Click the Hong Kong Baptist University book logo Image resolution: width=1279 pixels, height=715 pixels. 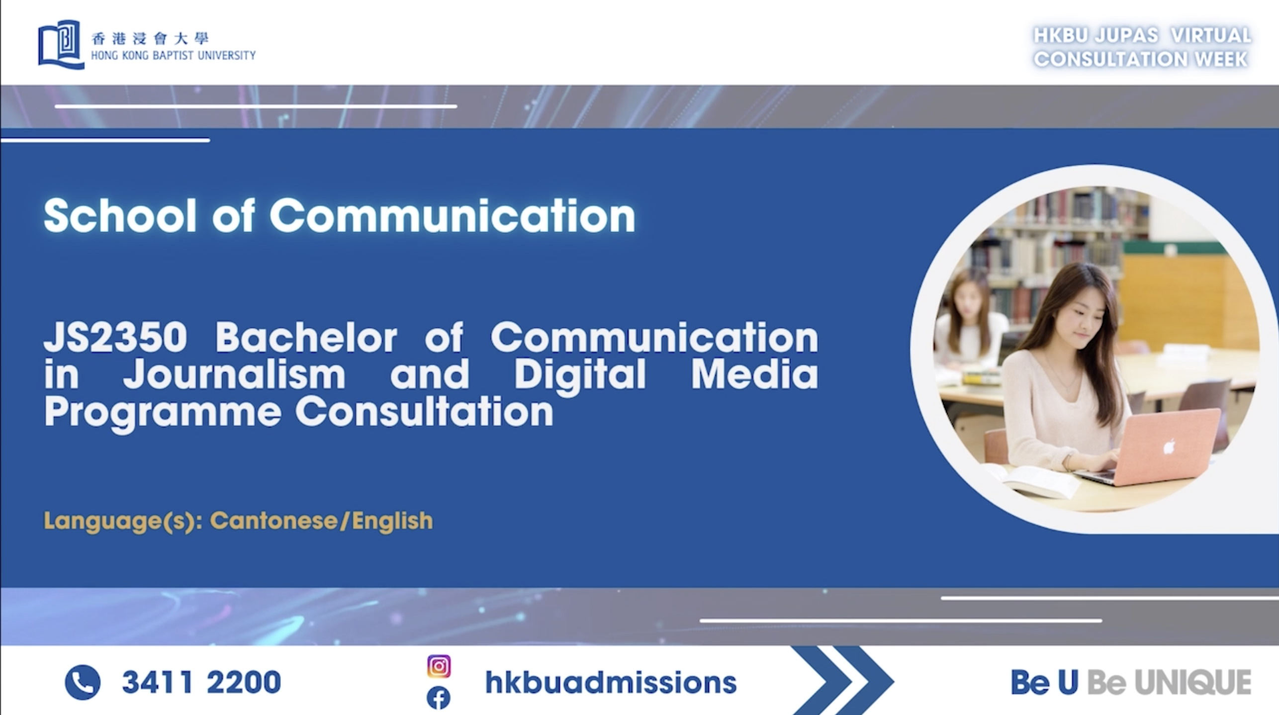coord(61,44)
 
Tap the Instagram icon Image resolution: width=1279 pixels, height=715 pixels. coord(439,666)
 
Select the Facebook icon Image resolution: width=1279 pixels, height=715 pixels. coord(439,698)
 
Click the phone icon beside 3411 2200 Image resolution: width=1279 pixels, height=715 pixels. coord(83,682)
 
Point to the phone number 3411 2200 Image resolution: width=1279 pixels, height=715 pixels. coord(201,682)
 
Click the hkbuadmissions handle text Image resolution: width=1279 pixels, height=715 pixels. coord(611,682)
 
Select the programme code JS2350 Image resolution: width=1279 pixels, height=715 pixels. coord(115,338)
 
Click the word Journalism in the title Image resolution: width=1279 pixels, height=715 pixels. coord(234,374)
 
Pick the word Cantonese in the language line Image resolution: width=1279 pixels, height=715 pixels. coord(274,521)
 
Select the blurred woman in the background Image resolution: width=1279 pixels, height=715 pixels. coord(970,328)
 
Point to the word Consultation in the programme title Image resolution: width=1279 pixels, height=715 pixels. coord(424,412)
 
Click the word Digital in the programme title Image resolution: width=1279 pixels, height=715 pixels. coord(580,374)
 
